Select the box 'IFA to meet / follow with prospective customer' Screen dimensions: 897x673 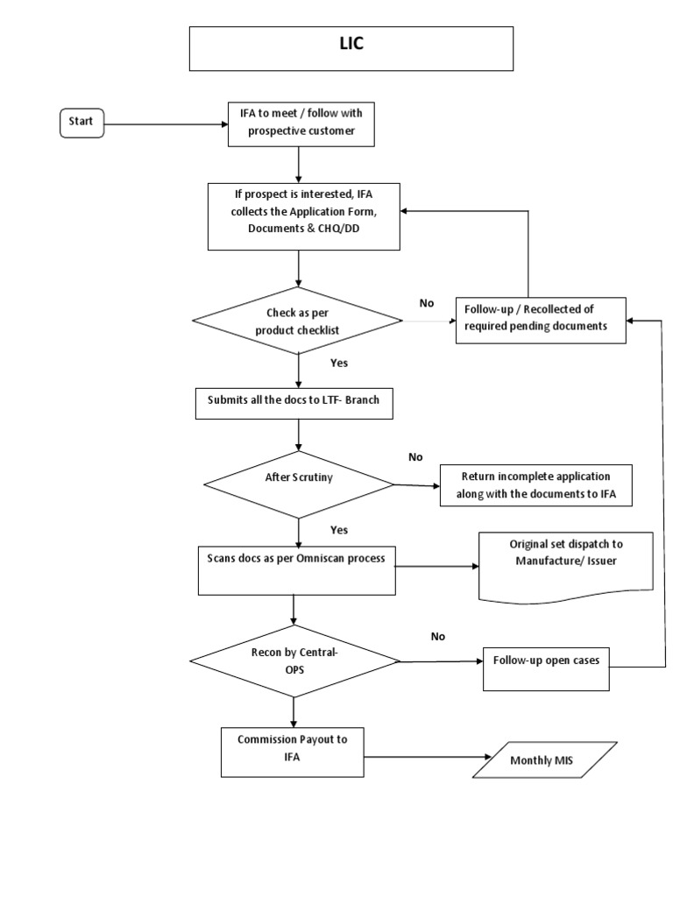[x=301, y=124]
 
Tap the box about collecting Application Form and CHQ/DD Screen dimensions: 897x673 [x=303, y=215]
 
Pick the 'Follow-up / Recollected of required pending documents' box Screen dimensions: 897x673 [x=541, y=320]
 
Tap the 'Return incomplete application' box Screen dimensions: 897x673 [x=535, y=484]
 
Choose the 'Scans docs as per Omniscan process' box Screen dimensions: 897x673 [x=295, y=568]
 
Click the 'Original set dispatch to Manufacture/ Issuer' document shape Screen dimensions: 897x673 [x=565, y=565]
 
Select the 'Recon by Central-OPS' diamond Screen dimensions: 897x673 [x=295, y=660]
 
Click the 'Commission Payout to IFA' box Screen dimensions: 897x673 [x=292, y=747]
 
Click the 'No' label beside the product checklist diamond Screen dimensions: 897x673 [x=427, y=303]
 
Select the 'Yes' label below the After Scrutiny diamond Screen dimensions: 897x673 [x=338, y=530]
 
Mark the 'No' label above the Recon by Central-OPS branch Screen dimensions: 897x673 [x=437, y=637]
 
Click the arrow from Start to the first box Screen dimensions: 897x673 [x=161, y=124]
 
